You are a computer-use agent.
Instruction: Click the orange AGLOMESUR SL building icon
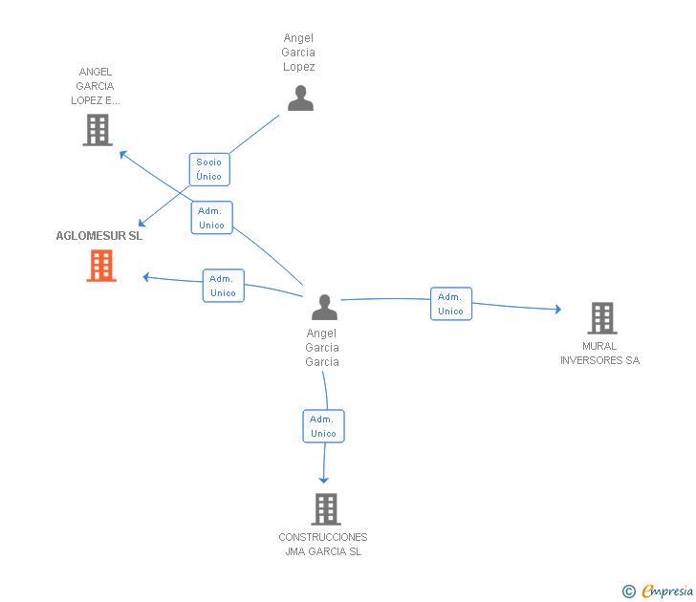[x=101, y=266]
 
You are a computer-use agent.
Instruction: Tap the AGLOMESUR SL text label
[x=99, y=236]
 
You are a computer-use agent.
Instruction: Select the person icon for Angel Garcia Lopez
[x=300, y=97]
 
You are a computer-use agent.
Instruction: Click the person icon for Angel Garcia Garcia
[x=324, y=307]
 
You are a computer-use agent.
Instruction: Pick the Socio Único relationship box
[x=209, y=169]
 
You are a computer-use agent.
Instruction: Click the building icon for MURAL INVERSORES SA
[x=602, y=317]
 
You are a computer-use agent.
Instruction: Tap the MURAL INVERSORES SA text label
[x=599, y=354]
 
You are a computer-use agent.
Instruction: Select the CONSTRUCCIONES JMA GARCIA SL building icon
[x=326, y=509]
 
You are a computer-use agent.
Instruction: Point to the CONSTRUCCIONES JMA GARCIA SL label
[x=323, y=545]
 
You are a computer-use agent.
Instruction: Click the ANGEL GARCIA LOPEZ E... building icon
[x=98, y=130]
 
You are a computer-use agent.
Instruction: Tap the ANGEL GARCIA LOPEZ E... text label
[x=96, y=86]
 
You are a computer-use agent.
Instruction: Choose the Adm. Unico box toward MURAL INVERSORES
[x=451, y=304]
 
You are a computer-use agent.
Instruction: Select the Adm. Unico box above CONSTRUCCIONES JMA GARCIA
[x=323, y=426]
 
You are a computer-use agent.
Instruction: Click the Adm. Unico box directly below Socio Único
[x=211, y=218]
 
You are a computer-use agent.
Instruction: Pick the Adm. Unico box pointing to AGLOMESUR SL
[x=224, y=286]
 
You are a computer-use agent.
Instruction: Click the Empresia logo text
[x=667, y=591]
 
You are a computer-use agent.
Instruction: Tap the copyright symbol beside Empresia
[x=629, y=591]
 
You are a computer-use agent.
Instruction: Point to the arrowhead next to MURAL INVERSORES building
[x=558, y=310]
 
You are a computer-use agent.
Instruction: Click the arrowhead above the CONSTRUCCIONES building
[x=324, y=481]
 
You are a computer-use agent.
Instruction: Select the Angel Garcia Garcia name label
[x=322, y=348]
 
